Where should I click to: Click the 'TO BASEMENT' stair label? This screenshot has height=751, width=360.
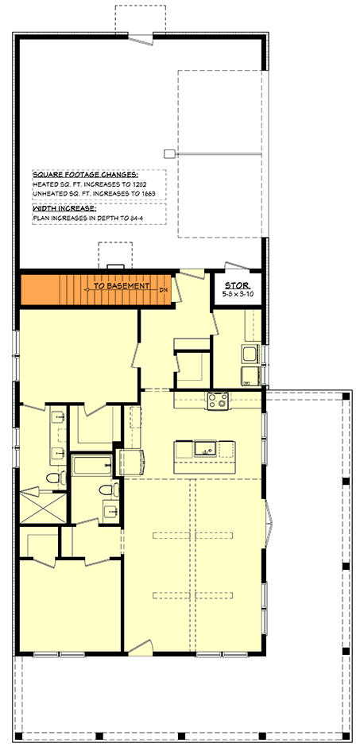click(x=121, y=285)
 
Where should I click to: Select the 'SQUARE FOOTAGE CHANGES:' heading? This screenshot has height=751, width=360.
click(x=85, y=174)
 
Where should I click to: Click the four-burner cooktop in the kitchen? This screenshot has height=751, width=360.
click(x=218, y=401)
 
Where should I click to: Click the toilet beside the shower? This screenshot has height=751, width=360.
click(x=55, y=478)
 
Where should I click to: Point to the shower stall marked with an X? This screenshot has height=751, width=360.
click(x=42, y=508)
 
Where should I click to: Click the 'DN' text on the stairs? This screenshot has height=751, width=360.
click(x=164, y=290)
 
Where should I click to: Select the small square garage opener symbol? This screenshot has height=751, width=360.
click(x=168, y=153)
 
